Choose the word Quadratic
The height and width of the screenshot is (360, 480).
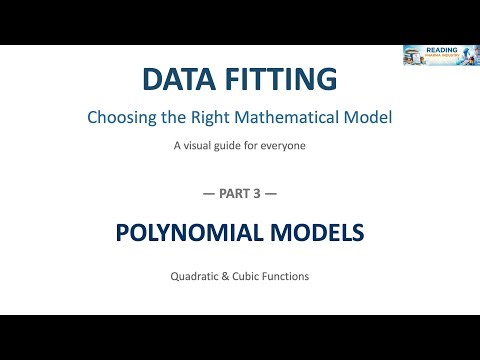(193, 275)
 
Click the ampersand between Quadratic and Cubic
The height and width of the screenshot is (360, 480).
(222, 275)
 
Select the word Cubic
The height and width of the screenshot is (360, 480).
(242, 275)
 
